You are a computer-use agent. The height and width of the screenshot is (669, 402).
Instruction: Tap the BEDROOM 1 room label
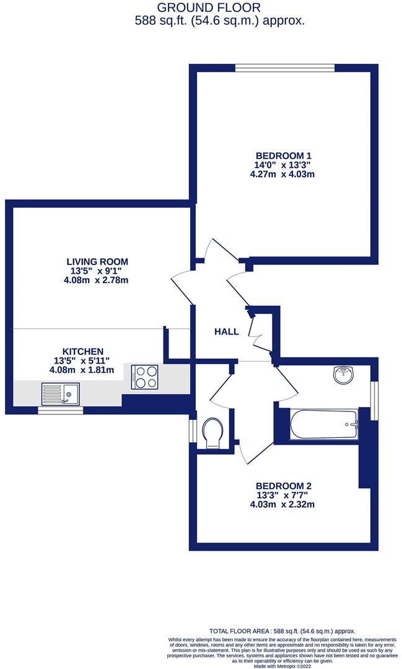tap(283, 155)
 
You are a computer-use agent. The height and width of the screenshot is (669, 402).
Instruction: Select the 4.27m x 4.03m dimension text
tap(283, 174)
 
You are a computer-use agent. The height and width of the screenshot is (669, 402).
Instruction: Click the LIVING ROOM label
tap(98, 261)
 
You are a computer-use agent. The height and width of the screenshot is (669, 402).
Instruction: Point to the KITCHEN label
tap(82, 351)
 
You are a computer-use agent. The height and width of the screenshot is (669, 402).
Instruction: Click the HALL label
tap(226, 331)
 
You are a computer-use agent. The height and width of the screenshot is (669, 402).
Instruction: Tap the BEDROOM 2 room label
tap(282, 486)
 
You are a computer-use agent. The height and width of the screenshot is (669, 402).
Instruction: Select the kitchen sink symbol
tap(60, 393)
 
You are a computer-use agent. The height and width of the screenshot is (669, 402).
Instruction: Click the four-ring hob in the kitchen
tap(145, 377)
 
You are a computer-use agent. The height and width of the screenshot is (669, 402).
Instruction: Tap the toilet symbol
tap(212, 432)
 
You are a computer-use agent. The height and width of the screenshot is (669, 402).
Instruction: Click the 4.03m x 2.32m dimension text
tap(282, 504)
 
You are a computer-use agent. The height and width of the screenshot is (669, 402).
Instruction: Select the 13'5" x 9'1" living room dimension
tap(98, 271)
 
